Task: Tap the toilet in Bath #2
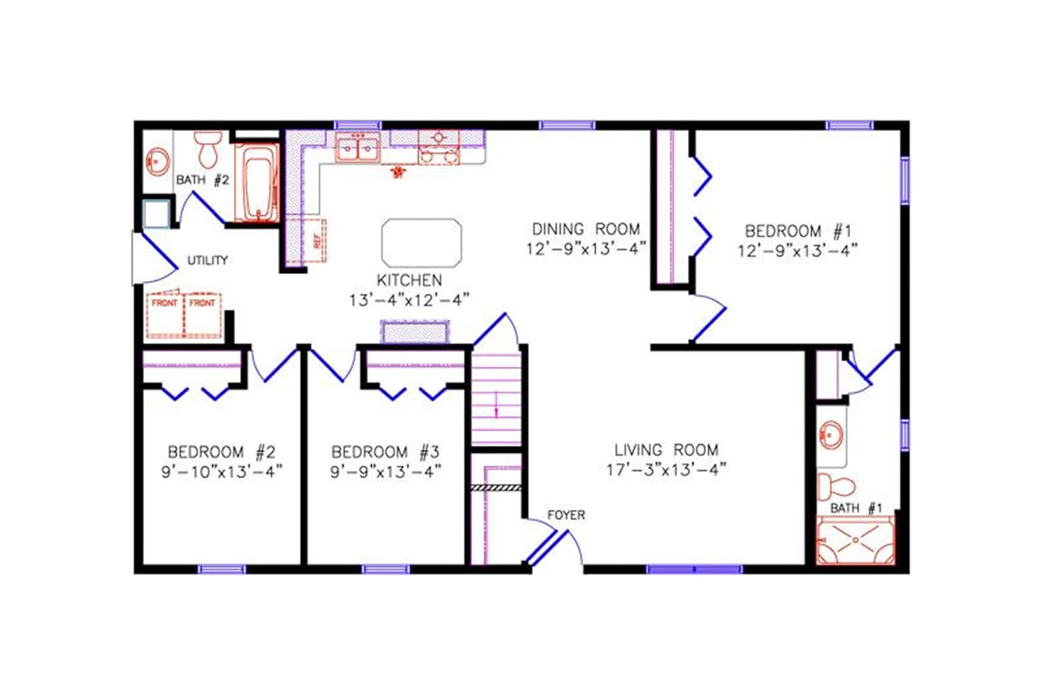pos(208,150)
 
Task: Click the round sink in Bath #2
pos(157,161)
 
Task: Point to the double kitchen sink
pos(357,149)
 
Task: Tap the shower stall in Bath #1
pos(855,540)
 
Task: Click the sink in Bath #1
pos(833,435)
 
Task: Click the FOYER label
pos(566,515)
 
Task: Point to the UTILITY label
pos(208,260)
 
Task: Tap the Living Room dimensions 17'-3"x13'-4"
pos(666,469)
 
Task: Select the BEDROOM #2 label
pos(221,451)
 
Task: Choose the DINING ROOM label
pos(586,229)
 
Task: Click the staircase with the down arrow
pos(496,399)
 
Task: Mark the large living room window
pos(694,569)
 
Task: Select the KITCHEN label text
pos(409,280)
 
